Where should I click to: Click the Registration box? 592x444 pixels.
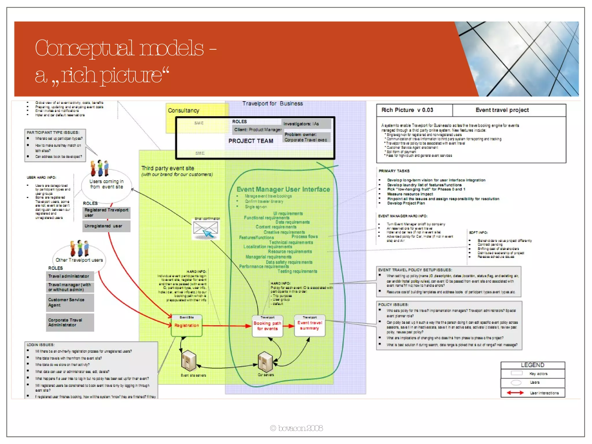(x=186, y=326)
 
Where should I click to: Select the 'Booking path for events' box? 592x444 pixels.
(x=267, y=326)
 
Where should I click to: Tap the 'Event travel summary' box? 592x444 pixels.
(x=310, y=325)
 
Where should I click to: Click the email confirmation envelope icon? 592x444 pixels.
(x=206, y=230)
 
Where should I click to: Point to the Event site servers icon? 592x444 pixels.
(x=189, y=360)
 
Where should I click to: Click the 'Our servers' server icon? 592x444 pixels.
(x=265, y=361)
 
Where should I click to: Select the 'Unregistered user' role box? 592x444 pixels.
(x=106, y=226)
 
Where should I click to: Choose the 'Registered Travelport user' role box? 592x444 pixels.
(x=106, y=212)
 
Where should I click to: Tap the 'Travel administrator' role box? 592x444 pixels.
(x=70, y=276)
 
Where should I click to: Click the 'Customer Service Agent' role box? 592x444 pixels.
(x=70, y=303)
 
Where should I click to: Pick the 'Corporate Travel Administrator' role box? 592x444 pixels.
(x=70, y=323)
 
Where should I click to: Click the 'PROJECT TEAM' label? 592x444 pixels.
(x=251, y=141)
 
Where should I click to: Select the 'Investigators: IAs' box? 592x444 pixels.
(x=306, y=124)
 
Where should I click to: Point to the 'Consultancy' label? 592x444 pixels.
(x=184, y=110)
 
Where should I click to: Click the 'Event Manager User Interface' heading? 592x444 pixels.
(x=283, y=189)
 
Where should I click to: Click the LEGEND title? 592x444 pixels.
(x=532, y=365)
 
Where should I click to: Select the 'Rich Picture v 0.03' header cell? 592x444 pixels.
(x=407, y=110)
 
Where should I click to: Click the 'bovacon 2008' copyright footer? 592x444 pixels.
(x=296, y=428)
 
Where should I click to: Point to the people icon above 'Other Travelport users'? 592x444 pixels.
(x=79, y=248)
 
